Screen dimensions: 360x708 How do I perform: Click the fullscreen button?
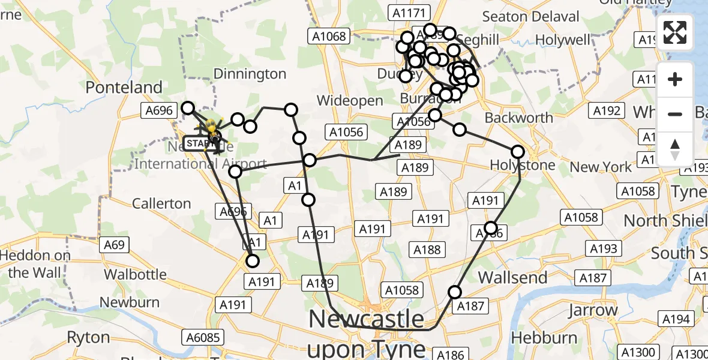[x=675, y=32]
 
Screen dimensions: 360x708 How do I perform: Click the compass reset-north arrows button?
[x=675, y=149]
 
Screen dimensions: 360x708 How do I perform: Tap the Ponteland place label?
[x=124, y=88]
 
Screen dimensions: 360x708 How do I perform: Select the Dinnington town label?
[x=250, y=74]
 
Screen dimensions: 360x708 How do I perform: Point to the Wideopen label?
[x=350, y=100]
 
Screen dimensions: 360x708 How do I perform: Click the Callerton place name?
[x=161, y=203]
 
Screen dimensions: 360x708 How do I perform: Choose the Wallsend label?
[x=512, y=277]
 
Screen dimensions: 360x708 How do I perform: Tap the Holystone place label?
[x=523, y=165]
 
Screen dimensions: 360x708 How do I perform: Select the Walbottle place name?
[x=135, y=275]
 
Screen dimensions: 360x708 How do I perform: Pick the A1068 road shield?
[x=329, y=36]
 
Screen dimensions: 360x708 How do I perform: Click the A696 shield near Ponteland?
[x=159, y=110]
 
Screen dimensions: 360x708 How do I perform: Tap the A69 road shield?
[x=114, y=244]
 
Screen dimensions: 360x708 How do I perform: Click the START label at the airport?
[x=197, y=143]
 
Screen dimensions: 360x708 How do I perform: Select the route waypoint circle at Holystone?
[x=517, y=152]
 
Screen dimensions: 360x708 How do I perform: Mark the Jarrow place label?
[x=592, y=310]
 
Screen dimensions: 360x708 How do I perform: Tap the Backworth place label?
[x=518, y=118]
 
